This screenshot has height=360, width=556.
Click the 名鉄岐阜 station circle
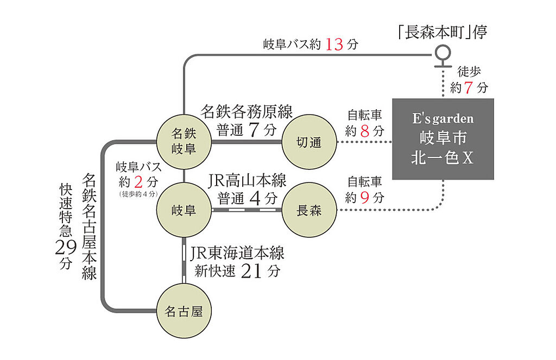click(x=184, y=141)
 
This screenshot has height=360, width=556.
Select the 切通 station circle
click(x=308, y=142)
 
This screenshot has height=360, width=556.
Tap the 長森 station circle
click(x=308, y=210)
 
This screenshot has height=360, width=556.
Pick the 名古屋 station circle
click(x=184, y=312)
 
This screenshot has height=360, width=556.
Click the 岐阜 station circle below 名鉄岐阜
click(x=184, y=210)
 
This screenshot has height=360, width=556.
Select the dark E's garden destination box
click(x=443, y=139)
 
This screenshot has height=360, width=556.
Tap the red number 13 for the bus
click(x=334, y=45)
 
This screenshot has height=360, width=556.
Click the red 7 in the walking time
click(x=470, y=87)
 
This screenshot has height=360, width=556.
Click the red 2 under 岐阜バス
click(x=138, y=180)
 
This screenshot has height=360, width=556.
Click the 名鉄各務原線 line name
click(x=247, y=112)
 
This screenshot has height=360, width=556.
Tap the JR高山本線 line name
click(x=248, y=180)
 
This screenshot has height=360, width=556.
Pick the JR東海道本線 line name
click(x=237, y=253)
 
